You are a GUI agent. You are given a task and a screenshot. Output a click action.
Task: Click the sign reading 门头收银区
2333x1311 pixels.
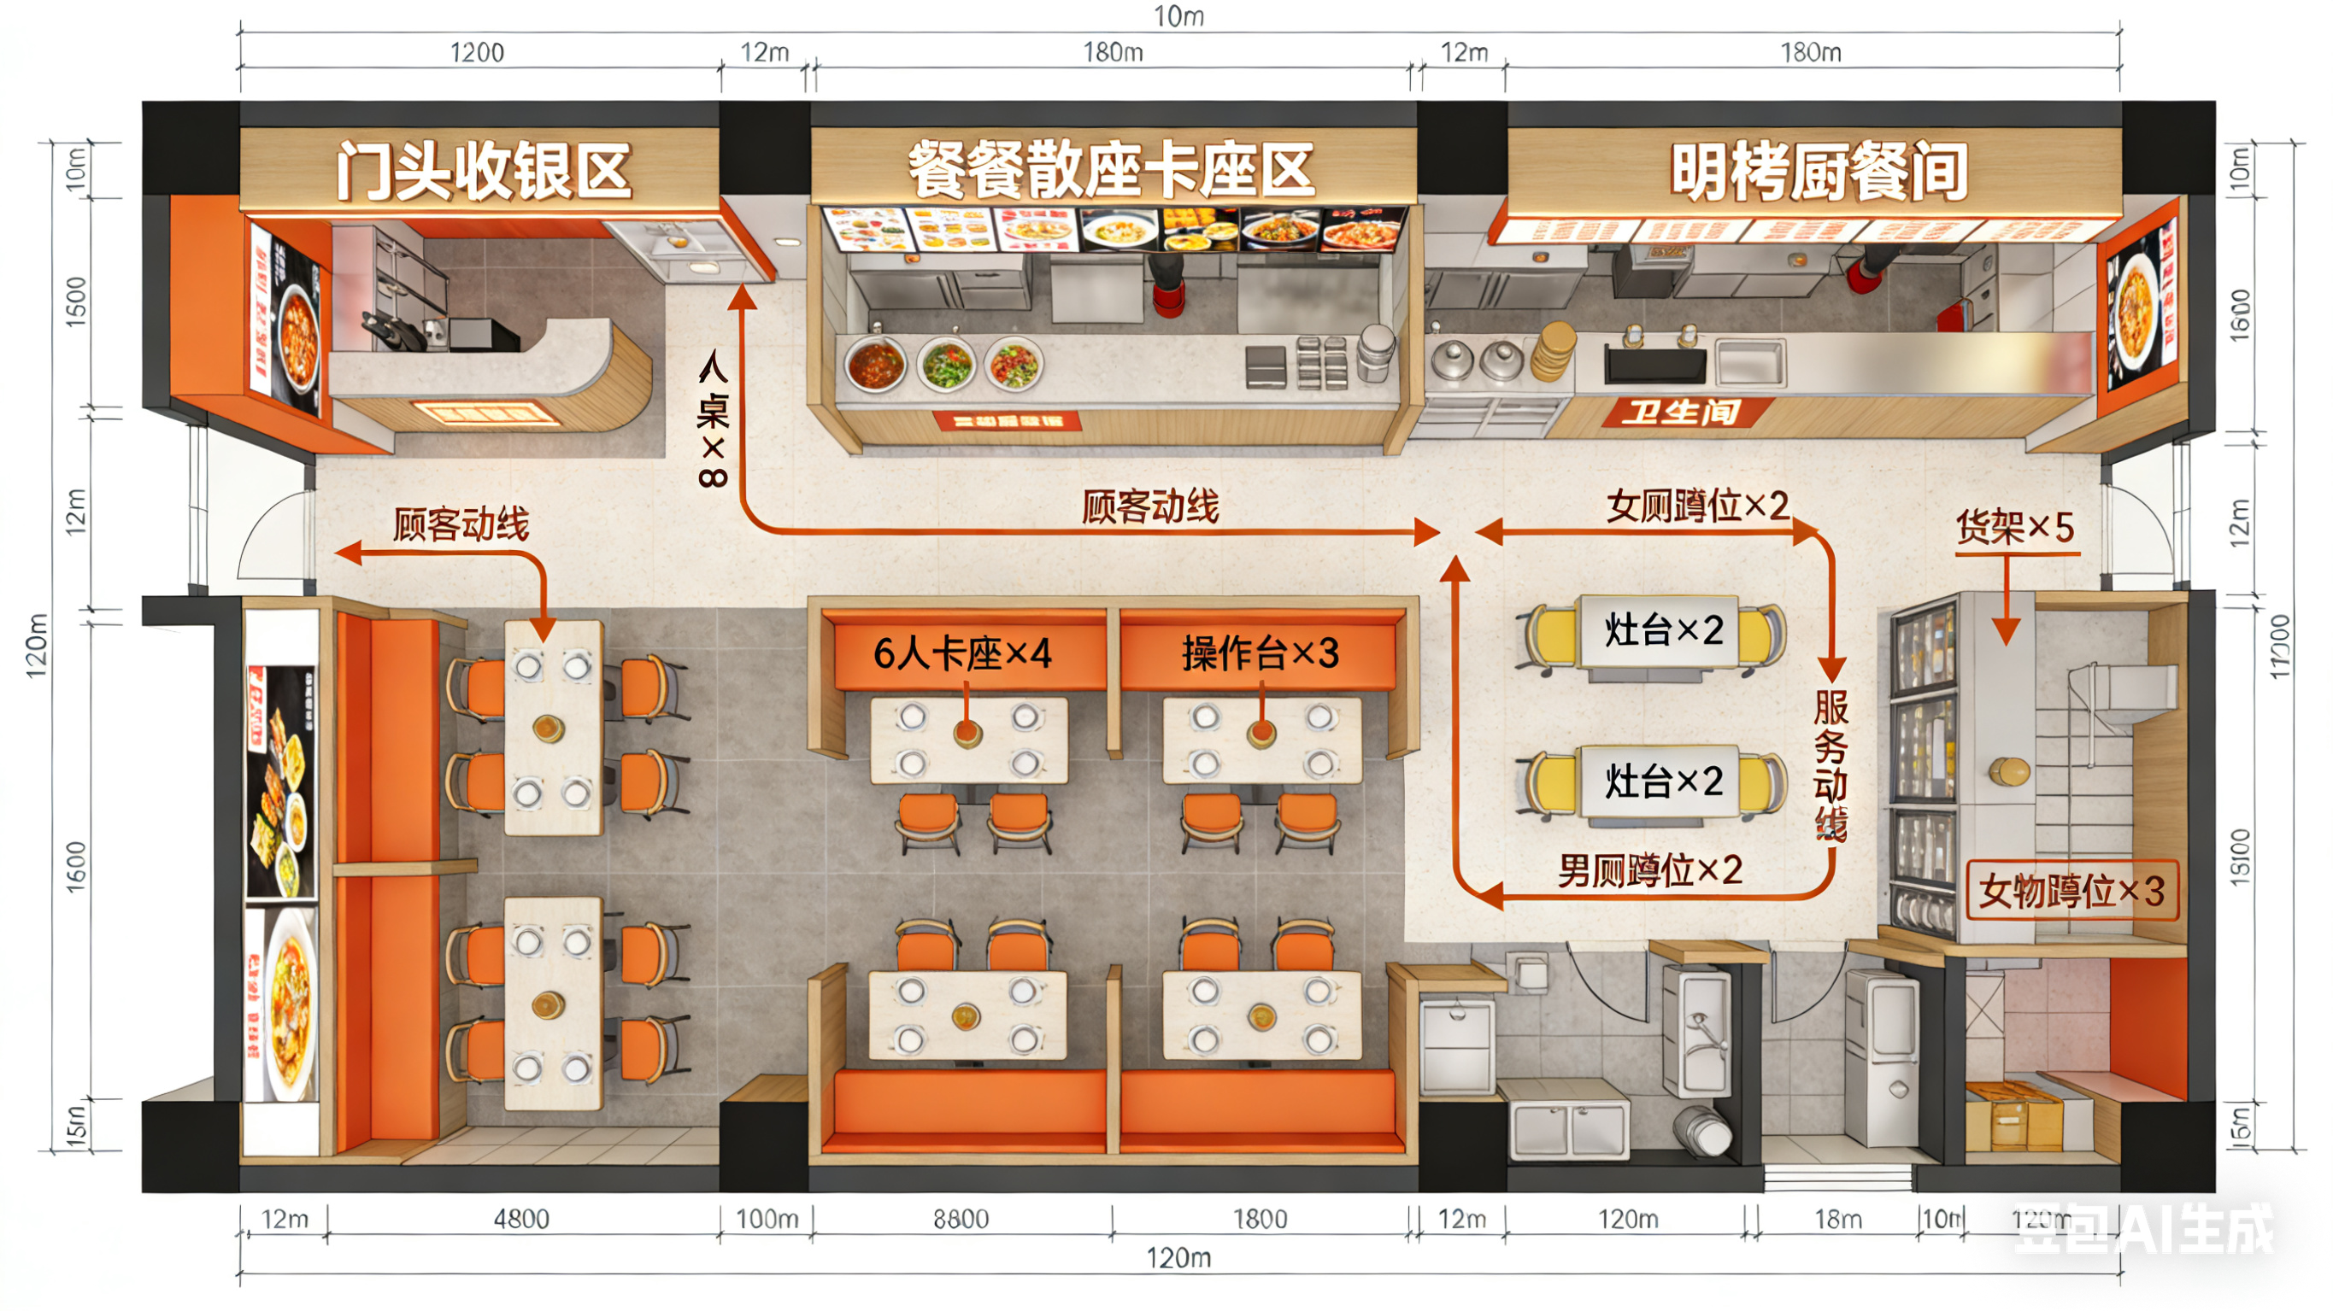(483, 170)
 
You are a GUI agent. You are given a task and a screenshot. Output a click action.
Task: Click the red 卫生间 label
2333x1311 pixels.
(1681, 413)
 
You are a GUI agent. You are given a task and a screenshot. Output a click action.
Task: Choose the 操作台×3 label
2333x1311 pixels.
(1260, 653)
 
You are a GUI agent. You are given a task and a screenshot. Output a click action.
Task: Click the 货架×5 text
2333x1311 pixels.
(2014, 527)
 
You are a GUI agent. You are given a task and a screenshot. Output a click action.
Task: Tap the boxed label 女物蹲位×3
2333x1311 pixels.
(2071, 891)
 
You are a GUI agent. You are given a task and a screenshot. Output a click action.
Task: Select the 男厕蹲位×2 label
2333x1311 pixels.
(1649, 871)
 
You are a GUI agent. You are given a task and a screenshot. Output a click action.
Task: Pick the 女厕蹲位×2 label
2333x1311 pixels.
(1697, 506)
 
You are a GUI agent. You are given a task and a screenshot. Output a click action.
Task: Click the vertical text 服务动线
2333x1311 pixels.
(1831, 766)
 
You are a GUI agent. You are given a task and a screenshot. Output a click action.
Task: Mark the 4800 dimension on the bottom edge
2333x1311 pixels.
(521, 1220)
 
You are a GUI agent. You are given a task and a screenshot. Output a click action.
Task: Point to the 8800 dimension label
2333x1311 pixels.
(961, 1220)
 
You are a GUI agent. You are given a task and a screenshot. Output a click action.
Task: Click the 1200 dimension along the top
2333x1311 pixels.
(478, 52)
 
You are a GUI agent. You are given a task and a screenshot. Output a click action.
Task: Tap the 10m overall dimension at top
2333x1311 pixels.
(1178, 16)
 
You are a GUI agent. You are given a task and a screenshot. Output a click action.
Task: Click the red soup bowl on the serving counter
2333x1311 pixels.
(875, 364)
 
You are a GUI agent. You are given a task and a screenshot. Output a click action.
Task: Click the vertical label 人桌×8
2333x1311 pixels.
(713, 420)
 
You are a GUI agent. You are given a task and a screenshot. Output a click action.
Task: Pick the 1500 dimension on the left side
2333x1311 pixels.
(76, 301)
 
